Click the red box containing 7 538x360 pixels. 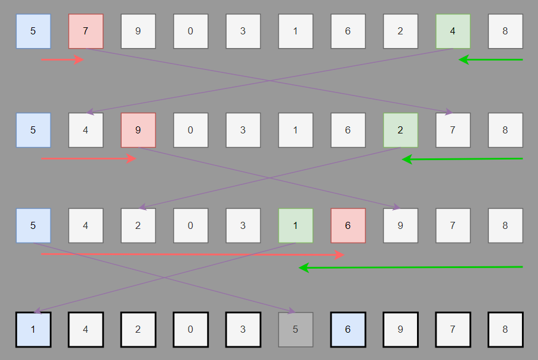click(x=86, y=31)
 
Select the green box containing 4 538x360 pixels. click(x=453, y=31)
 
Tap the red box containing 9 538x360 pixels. click(x=138, y=130)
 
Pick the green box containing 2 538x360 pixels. click(x=400, y=130)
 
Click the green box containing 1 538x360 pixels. click(x=295, y=225)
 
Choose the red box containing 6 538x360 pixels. click(x=348, y=225)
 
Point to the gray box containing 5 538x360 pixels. click(x=295, y=329)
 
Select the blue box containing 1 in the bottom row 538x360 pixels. click(x=33, y=329)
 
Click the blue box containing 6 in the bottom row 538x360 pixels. click(x=348, y=329)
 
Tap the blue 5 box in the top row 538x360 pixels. click(x=33, y=31)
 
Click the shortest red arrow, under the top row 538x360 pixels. click(x=62, y=59)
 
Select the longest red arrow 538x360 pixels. click(x=193, y=254)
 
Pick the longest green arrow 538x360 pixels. click(x=410, y=267)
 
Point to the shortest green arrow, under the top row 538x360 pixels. click(x=491, y=59)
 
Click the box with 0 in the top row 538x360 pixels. click(x=190, y=31)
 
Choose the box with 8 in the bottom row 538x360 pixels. click(x=505, y=329)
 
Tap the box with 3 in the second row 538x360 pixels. click(x=243, y=130)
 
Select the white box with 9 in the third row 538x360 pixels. click(x=400, y=225)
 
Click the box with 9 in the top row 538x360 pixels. click(x=138, y=31)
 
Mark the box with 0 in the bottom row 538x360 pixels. click(x=190, y=329)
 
